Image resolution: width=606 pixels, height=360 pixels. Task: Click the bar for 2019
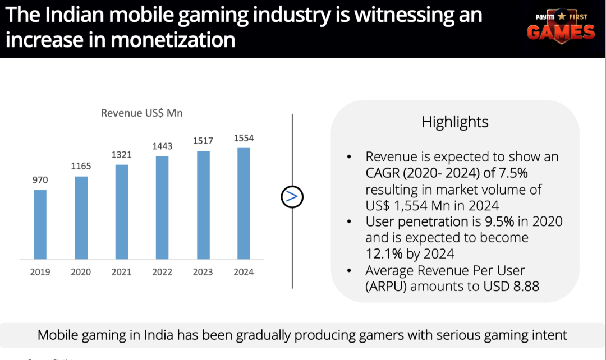(x=40, y=224)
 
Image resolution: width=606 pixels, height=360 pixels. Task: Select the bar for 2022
(x=162, y=207)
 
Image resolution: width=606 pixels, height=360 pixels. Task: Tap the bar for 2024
(x=244, y=204)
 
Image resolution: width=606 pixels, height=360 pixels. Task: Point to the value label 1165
(x=81, y=166)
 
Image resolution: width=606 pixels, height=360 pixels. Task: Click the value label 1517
(x=203, y=141)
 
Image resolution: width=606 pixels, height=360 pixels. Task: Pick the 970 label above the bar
(x=40, y=180)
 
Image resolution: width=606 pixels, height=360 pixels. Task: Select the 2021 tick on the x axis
(x=121, y=272)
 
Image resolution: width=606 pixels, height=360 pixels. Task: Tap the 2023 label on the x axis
(x=203, y=272)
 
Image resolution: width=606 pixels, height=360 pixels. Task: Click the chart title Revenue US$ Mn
(x=142, y=113)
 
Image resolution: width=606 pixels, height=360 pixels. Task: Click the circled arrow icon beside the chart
(x=292, y=196)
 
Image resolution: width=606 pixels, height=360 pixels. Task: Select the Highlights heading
(x=455, y=122)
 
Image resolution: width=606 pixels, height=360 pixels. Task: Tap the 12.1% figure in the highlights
(x=384, y=254)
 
